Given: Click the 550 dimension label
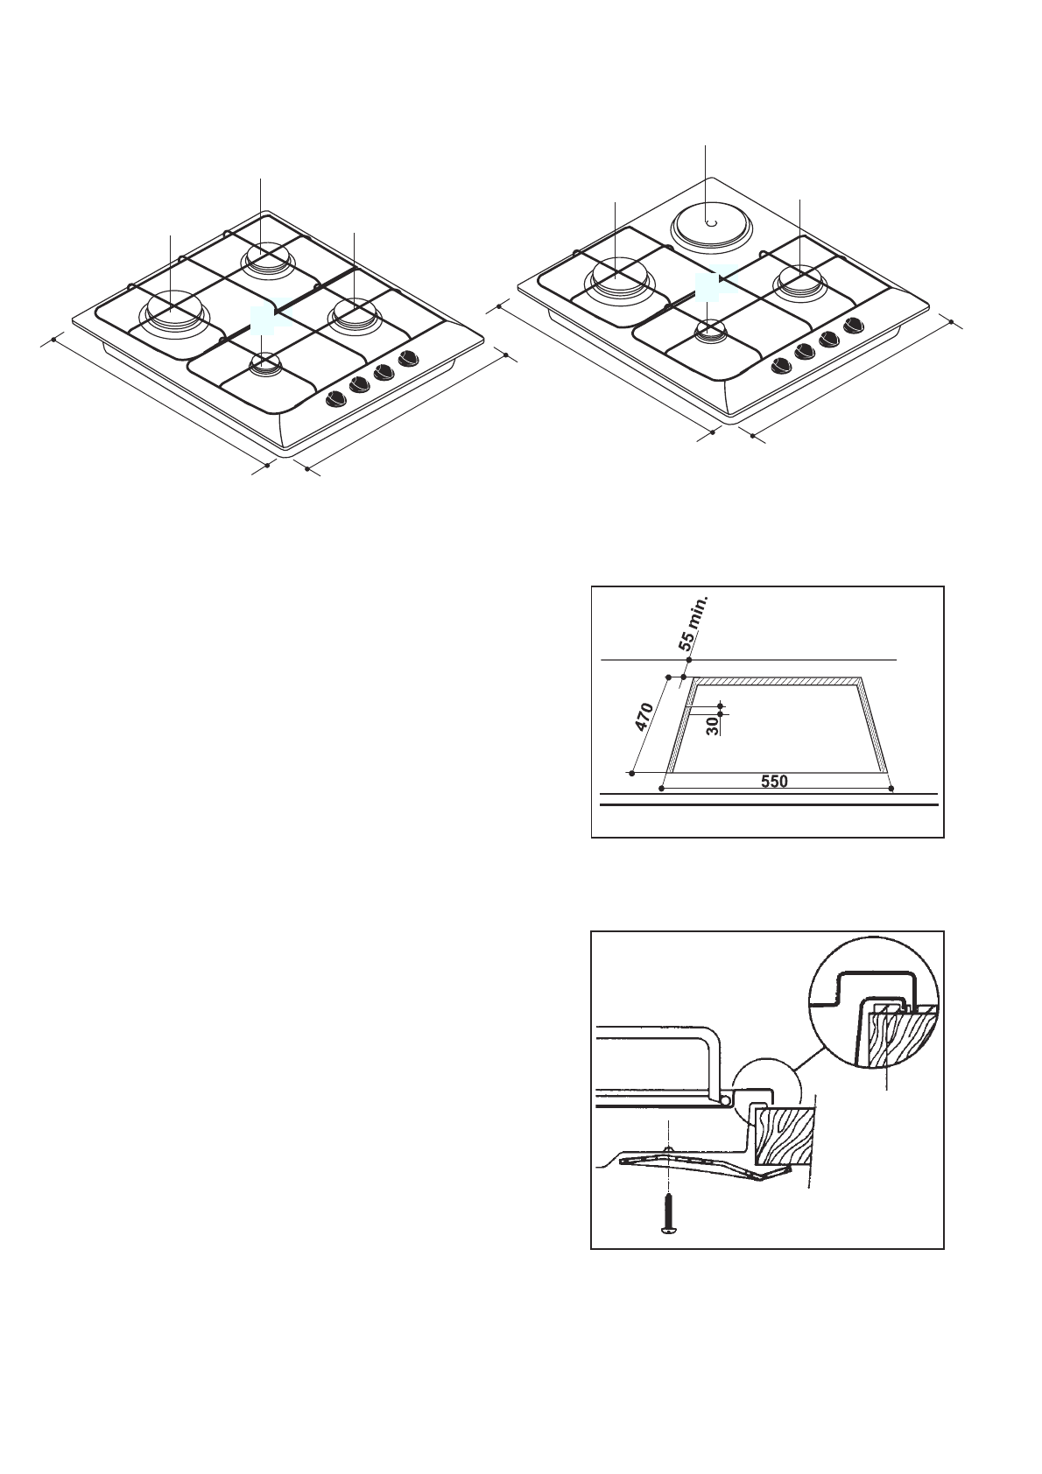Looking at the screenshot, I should pyautogui.click(x=774, y=782).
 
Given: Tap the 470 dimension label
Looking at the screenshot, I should pyautogui.click(x=645, y=716).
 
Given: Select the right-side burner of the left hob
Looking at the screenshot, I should pyautogui.click(x=353, y=314).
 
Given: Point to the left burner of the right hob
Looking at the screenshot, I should pyautogui.click(x=618, y=276).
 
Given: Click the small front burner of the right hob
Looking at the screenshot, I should pyautogui.click(x=711, y=330).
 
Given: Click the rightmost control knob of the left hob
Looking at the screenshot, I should pyautogui.click(x=407, y=359).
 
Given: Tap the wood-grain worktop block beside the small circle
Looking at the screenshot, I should pyautogui.click(x=785, y=1135).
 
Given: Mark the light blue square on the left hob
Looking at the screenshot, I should pyautogui.click(x=263, y=320).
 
